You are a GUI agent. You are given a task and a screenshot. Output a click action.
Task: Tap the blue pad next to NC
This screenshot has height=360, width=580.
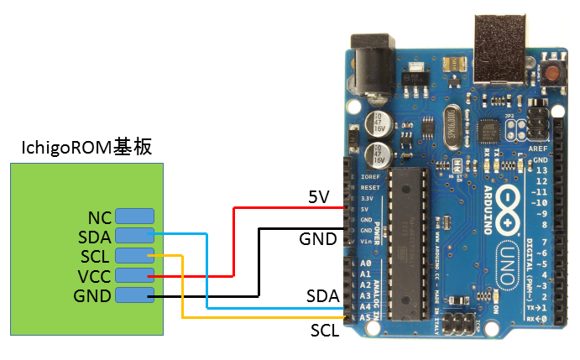click(x=134, y=216)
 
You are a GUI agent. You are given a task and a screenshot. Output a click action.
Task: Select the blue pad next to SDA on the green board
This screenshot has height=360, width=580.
click(x=134, y=236)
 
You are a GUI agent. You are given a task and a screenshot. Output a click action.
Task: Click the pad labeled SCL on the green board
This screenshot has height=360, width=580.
click(x=134, y=255)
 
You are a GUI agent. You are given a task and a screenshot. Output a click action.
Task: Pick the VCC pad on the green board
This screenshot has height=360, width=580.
click(x=134, y=275)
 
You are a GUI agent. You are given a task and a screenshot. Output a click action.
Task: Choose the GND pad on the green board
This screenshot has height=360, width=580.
click(x=134, y=295)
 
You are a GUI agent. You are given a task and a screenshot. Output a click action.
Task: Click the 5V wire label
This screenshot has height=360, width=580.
click(x=319, y=196)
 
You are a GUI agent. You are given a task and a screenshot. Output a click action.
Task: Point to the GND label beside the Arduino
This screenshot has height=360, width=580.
click(x=318, y=239)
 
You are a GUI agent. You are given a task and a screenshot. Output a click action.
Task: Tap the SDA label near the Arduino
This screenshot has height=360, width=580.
click(x=322, y=296)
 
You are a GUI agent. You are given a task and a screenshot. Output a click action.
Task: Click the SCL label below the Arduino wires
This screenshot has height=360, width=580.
click(x=324, y=330)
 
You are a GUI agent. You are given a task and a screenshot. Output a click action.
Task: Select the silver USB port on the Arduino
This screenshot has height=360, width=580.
click(x=499, y=47)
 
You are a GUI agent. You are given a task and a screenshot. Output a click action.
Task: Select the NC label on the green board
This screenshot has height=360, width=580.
click(x=101, y=217)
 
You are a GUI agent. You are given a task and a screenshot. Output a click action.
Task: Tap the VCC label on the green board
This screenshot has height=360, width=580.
click(x=95, y=276)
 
